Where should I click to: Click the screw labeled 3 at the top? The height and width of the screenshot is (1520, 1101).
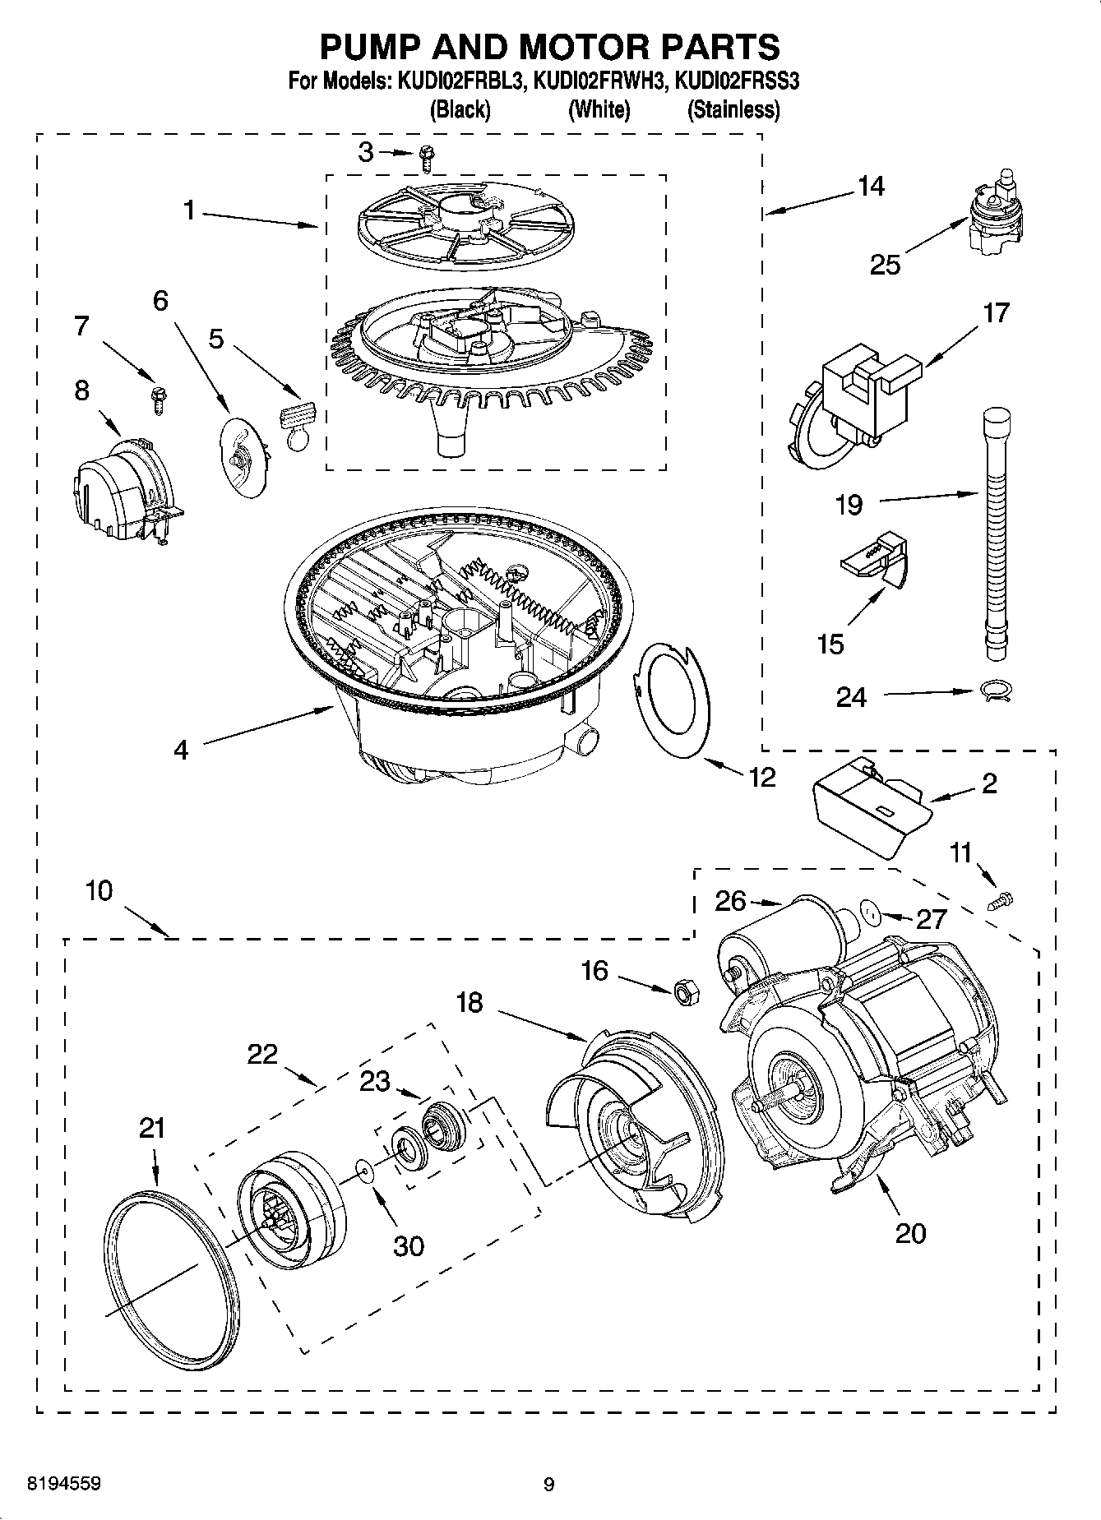click(426, 156)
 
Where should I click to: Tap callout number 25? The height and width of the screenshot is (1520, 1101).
click(885, 265)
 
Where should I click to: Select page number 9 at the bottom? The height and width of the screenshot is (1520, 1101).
click(548, 1484)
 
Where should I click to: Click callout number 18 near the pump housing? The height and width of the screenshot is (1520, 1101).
click(470, 1003)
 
